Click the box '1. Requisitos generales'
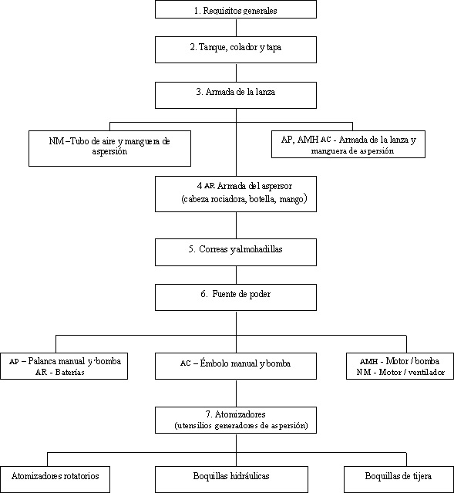236,9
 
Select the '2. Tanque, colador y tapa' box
236,49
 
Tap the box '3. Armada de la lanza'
236,96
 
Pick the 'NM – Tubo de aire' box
110,148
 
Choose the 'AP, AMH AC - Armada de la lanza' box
348,144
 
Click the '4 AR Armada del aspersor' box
236,194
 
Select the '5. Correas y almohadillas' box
236,252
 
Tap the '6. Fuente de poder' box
236,298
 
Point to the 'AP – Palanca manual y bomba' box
64,366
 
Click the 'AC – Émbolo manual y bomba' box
236,366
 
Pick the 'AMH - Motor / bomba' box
400,366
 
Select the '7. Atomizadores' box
236,420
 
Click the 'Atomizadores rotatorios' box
55,479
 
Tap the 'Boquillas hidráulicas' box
231,479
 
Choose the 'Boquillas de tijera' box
399,479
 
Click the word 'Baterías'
70,372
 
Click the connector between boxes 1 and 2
236,28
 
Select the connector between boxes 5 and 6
236,275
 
